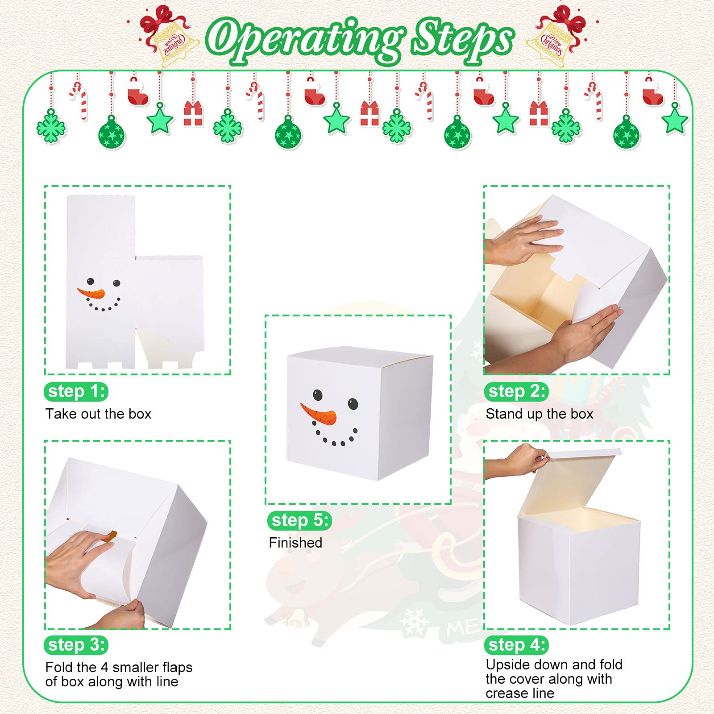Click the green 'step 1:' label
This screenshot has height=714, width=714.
coord(76,392)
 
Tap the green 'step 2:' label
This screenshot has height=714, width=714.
coord(516,392)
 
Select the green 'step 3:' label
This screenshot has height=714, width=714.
coord(76,645)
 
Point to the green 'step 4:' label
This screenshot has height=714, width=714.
coord(516,645)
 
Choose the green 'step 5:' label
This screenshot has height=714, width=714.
coord(299,520)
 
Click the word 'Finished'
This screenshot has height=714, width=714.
coord(295,543)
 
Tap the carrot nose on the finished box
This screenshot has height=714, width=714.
coord(317,414)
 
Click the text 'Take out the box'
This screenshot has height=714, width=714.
coord(98,414)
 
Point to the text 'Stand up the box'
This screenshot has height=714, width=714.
coord(540,414)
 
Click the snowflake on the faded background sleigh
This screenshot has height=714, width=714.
coord(414,621)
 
